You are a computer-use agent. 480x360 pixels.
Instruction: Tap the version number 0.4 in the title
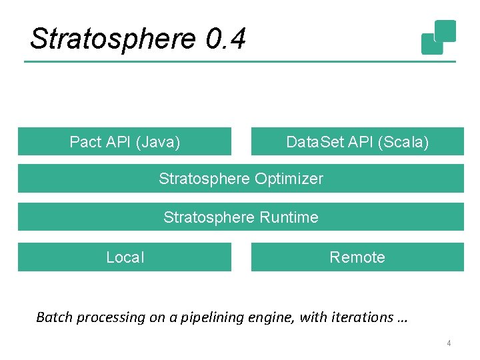[x=226, y=39]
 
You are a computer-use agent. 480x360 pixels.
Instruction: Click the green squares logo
[x=439, y=37]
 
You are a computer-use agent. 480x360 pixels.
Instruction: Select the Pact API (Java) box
[x=125, y=141]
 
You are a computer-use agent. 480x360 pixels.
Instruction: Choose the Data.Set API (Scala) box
[x=357, y=141]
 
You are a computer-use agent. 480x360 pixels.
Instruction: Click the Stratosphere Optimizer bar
[x=241, y=179]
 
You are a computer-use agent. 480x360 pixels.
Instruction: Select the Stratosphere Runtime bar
[x=241, y=217]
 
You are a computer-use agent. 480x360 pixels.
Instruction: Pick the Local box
[x=125, y=257]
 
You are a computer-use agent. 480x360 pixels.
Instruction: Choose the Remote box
[x=357, y=257]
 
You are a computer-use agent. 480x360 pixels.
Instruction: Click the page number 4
[x=449, y=343]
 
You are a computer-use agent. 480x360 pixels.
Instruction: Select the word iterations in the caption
[x=359, y=317]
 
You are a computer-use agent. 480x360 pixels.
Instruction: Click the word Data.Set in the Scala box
[x=313, y=142]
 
